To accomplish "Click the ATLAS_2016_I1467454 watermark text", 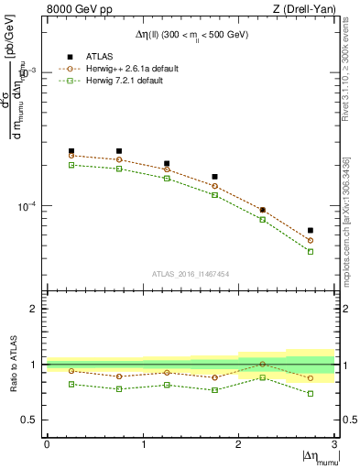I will click(191, 274).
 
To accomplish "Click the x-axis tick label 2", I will click(239, 444).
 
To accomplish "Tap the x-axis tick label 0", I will click(47, 444).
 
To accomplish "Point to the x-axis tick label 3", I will click(334, 444).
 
